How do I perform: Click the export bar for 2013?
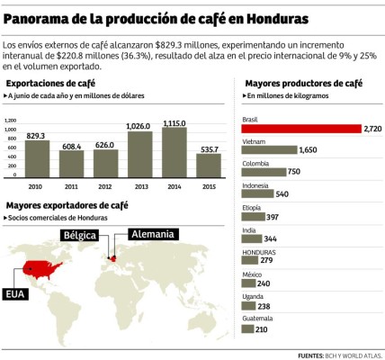tap(139, 154)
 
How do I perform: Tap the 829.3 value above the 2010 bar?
tap(37, 135)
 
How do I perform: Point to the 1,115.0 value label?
tap(174, 122)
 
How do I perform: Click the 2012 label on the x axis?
tap(104, 186)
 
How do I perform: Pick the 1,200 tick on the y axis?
tap(12, 120)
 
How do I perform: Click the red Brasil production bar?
tap(301, 129)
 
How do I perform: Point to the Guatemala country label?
tap(258, 319)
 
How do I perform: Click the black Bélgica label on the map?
tap(77, 234)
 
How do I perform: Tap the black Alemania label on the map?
tap(152, 234)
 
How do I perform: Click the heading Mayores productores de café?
tap(303, 83)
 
